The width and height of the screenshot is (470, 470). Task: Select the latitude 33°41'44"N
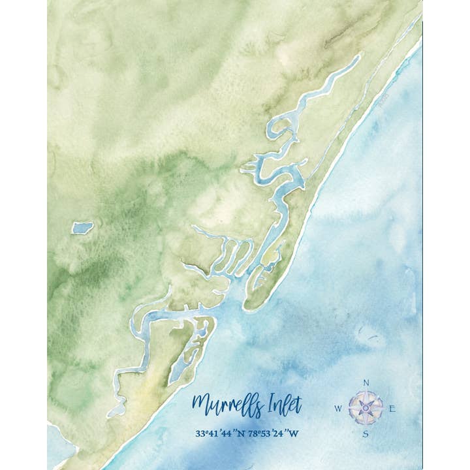223,433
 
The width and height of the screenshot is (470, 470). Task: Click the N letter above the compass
366,383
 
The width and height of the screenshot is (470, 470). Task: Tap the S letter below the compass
366,433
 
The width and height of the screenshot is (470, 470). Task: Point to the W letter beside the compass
338,409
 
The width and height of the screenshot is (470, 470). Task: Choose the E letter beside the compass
392,409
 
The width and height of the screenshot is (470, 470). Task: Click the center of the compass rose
366,409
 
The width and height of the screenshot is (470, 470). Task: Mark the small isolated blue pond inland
82,228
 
